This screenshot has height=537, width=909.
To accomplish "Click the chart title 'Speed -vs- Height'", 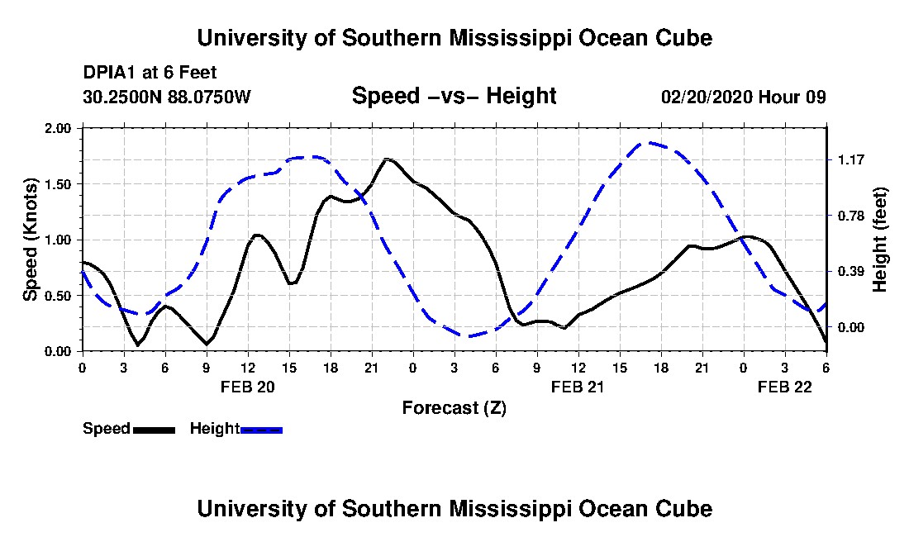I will (454, 97).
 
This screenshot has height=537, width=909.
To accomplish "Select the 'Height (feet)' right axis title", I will (879, 240).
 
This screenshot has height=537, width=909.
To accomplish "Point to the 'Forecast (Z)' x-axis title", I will (454, 407).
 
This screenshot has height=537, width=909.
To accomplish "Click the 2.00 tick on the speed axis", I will (59, 129).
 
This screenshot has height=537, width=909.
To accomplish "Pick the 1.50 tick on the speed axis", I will (59, 184).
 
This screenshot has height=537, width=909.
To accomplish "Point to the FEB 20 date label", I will (248, 387).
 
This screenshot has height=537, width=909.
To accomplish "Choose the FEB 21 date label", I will (578, 387).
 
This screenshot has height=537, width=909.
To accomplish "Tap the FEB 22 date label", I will (786, 387).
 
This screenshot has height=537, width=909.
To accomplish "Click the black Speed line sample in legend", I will (153, 430).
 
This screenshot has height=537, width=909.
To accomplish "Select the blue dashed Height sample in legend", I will (261, 430).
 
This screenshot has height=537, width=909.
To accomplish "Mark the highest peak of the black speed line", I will (388, 159).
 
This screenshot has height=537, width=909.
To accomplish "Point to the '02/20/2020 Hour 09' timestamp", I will (743, 97).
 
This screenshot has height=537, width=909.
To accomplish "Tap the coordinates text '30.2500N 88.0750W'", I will (166, 97).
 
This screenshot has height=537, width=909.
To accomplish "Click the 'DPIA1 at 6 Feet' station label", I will (150, 73).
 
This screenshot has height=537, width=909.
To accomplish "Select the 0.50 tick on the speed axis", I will (59, 296).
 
